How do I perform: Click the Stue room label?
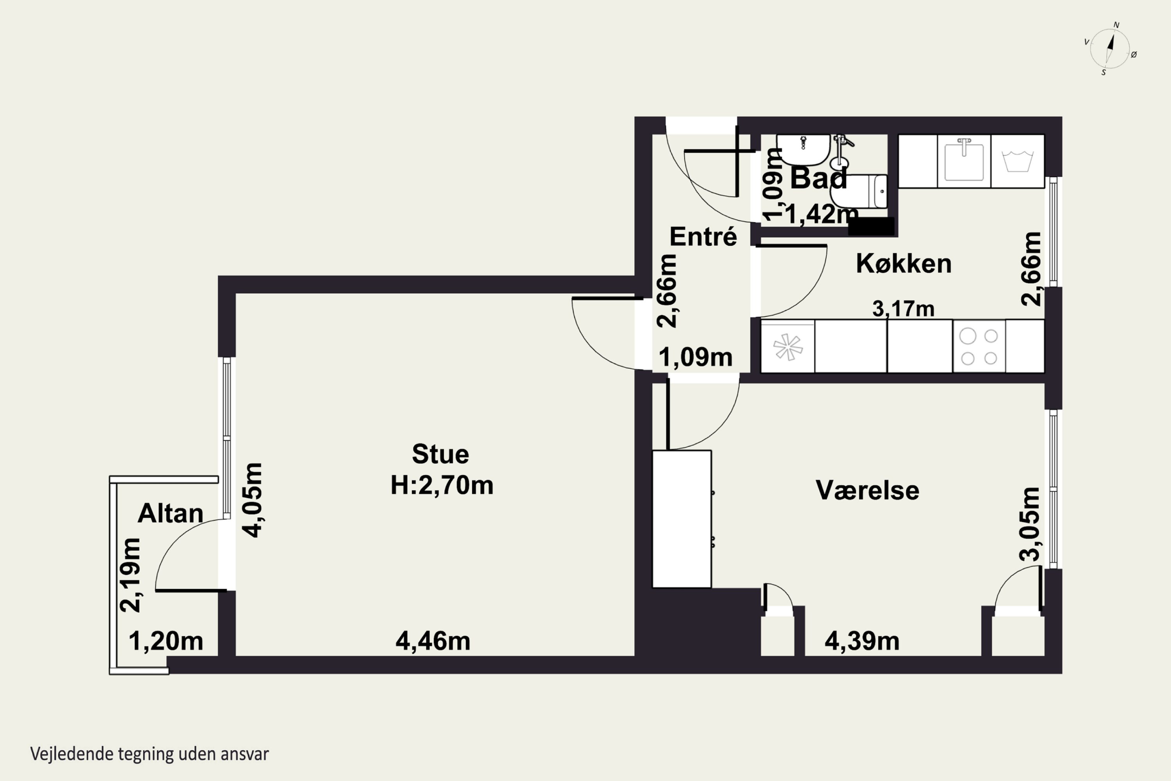[x=441, y=454]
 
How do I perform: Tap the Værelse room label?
[x=867, y=490]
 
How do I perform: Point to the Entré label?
[x=703, y=236]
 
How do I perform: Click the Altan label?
[x=170, y=513]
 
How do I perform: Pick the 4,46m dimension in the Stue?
[x=432, y=641]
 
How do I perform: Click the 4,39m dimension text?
[x=862, y=641]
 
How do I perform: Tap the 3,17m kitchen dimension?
[x=903, y=309]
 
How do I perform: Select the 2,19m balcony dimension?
[x=130, y=575]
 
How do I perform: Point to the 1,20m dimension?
[x=166, y=641]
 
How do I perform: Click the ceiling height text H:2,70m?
[x=441, y=485]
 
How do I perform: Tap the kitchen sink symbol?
[x=964, y=161]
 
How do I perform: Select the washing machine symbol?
[x=1018, y=161]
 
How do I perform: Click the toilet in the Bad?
[x=858, y=191]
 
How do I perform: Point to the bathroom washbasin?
[x=803, y=150]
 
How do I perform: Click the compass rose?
[x=1110, y=48]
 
